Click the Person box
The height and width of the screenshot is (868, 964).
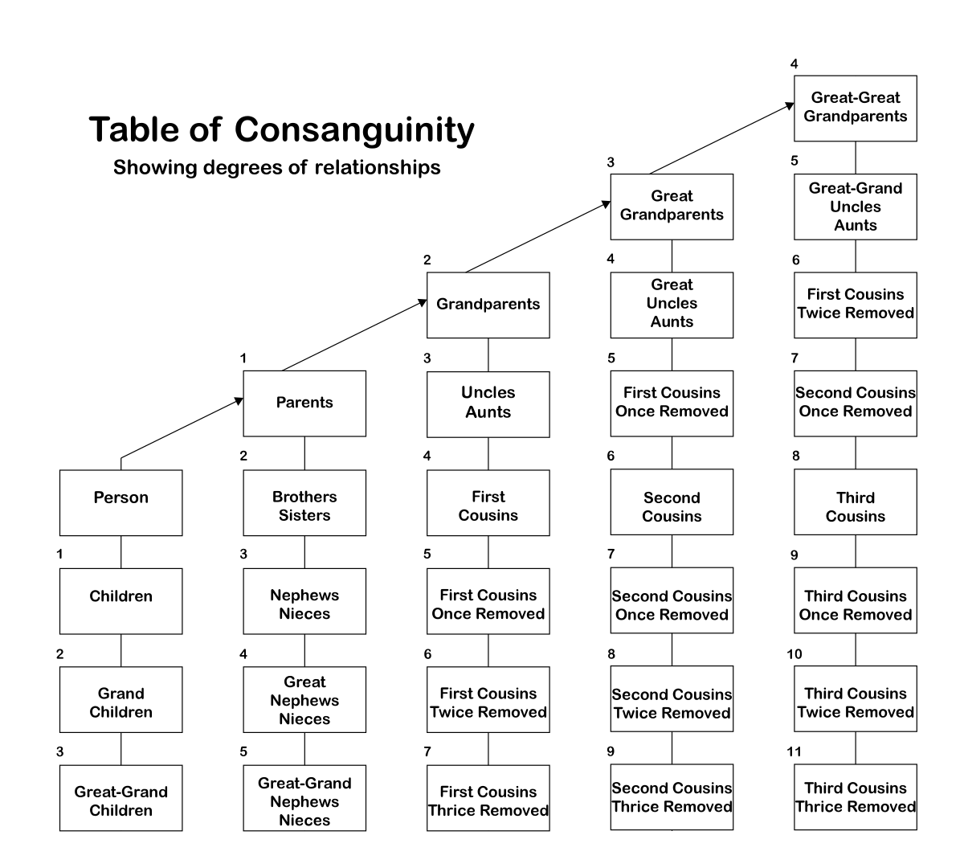coord(120,503)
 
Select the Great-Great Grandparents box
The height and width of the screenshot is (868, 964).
coord(855,108)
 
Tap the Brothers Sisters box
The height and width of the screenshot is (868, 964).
coord(304,503)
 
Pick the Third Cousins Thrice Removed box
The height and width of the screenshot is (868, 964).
coord(855,797)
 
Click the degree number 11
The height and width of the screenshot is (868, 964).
coord(794,751)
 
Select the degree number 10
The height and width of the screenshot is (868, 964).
coord(794,653)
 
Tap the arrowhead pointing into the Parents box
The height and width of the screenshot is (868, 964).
coord(239,400)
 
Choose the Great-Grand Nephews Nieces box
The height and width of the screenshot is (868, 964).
coord(304,801)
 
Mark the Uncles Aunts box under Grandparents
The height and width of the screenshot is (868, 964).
coord(488,403)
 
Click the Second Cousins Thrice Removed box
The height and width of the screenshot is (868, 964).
coord(672,797)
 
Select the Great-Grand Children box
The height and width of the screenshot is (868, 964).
coord(120,800)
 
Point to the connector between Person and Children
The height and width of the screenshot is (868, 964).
coord(120,552)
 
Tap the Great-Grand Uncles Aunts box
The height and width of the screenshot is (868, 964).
coord(855,207)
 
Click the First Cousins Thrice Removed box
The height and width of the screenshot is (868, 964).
coord(488,800)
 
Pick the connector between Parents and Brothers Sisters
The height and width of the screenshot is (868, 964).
coord(304,453)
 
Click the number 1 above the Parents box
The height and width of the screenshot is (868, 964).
coord(243,358)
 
